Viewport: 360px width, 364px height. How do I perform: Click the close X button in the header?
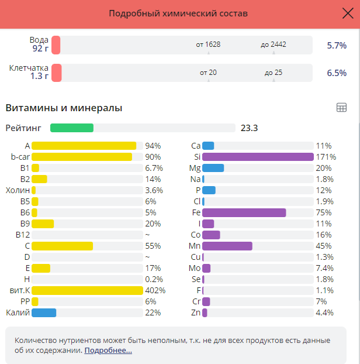347,14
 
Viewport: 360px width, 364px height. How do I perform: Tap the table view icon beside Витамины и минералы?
342,107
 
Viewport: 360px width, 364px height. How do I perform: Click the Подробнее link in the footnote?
108,351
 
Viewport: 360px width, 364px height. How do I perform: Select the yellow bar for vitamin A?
84,146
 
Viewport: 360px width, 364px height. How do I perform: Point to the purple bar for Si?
258,157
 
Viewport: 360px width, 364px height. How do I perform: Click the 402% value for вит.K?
155,290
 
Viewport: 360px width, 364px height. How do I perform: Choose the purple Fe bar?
244,212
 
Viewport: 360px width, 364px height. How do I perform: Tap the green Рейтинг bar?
72,128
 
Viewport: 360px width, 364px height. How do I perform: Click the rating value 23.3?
250,128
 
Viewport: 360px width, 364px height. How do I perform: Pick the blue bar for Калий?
44,313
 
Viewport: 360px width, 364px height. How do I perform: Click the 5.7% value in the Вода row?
337,45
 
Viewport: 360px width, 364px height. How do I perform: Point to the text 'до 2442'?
274,44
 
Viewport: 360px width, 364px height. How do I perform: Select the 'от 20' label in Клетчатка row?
208,73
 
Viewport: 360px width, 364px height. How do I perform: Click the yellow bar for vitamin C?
62,246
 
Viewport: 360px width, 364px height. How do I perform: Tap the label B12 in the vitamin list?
22,235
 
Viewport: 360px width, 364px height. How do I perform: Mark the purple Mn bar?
227,246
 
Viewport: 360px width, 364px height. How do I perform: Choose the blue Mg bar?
213,168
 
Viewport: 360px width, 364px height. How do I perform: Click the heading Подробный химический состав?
178,13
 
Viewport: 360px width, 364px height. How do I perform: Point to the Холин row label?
18,190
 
